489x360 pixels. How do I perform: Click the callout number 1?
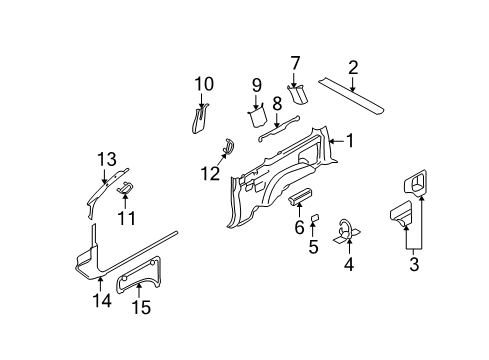click(x=350, y=142)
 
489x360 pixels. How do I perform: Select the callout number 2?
click(x=353, y=68)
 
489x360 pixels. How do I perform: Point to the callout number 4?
click(x=349, y=265)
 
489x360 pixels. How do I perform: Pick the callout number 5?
click(x=313, y=246)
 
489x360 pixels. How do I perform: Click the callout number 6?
click(x=299, y=228)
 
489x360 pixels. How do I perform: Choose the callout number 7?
click(x=295, y=64)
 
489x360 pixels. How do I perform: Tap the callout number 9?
click(x=256, y=84)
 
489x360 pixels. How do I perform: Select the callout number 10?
click(x=204, y=83)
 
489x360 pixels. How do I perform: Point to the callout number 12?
click(x=208, y=174)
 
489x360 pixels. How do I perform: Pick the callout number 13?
click(x=107, y=159)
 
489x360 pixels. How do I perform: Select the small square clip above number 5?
click(x=313, y=217)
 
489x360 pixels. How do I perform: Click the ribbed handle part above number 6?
click(x=302, y=195)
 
